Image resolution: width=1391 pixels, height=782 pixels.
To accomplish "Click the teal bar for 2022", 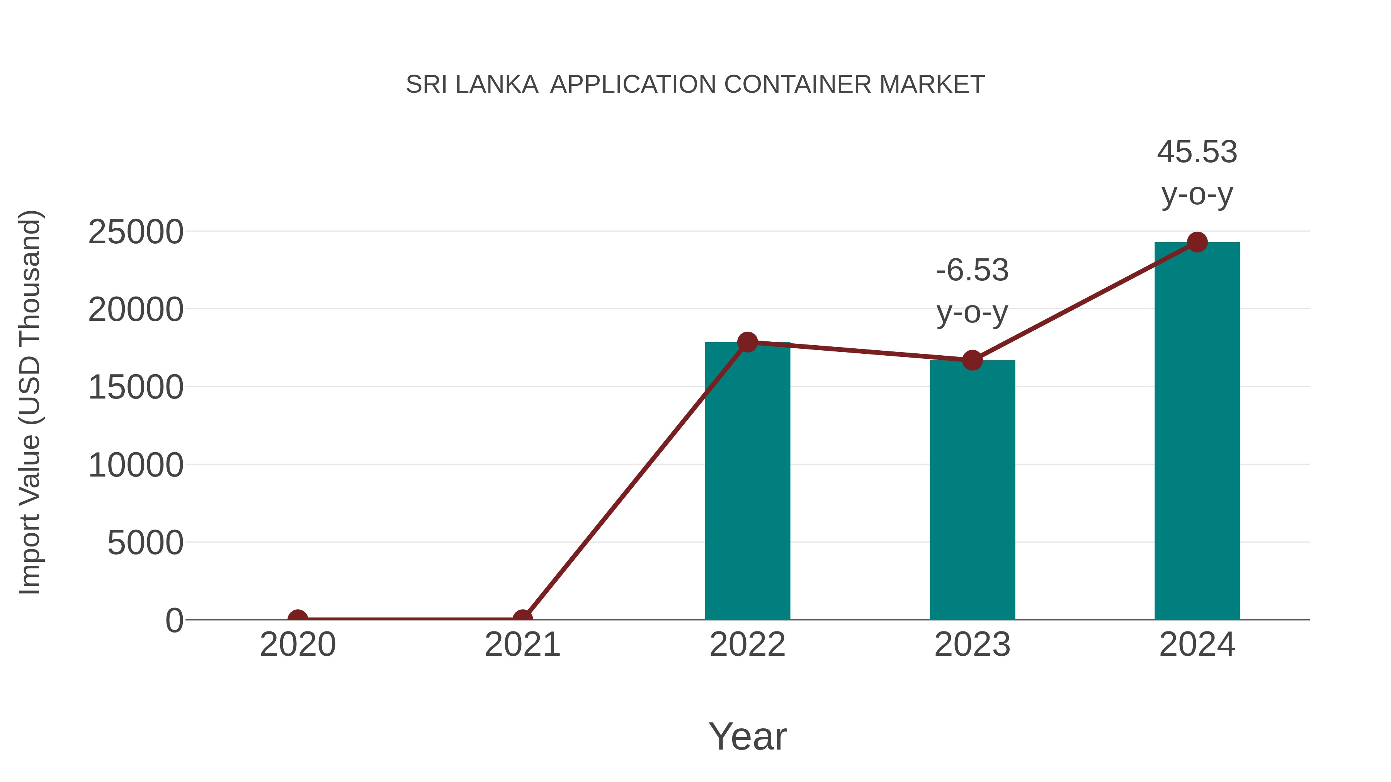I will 747,480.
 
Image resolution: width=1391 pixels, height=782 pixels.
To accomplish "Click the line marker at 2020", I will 298,619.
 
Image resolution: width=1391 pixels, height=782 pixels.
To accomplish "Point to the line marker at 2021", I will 522,619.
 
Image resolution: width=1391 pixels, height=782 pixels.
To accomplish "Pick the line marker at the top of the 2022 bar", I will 747,342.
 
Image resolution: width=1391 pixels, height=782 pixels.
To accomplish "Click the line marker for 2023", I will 972,360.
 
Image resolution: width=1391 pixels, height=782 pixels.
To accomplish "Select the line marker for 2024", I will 1197,242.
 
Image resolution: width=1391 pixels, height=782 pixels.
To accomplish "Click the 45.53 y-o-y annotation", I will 1197,172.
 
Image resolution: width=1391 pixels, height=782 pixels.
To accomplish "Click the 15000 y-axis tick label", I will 136,387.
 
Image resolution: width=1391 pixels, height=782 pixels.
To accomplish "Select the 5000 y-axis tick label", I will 145,543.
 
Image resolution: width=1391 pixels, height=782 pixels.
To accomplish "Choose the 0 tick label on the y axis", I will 174,621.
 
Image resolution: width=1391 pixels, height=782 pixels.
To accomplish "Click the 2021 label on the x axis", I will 522,645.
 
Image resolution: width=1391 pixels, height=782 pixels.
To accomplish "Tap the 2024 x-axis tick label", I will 1197,645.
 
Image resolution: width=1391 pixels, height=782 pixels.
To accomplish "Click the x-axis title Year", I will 747,737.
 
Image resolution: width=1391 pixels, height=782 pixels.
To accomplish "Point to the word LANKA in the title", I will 497,85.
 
